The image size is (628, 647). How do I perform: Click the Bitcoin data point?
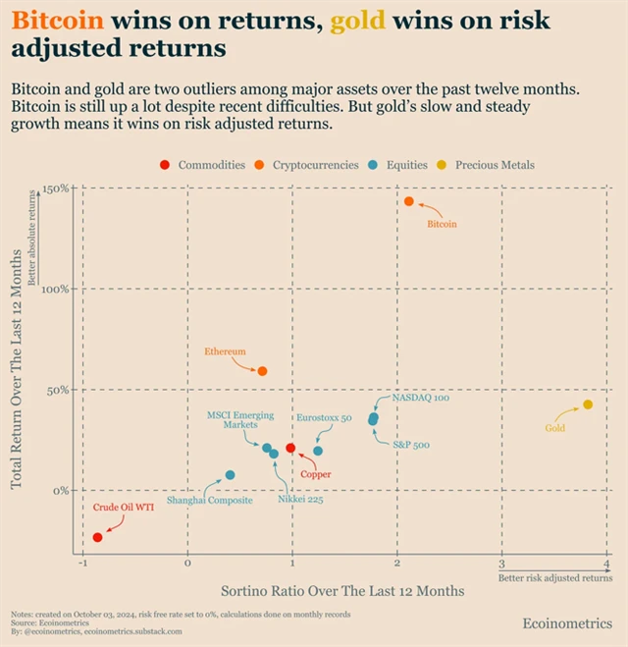click(409, 201)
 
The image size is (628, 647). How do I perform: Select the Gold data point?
click(588, 404)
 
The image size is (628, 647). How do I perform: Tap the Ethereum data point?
click(262, 371)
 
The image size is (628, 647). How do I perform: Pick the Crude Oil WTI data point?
click(97, 537)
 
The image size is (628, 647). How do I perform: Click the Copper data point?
click(290, 448)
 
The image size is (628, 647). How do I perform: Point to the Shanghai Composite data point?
click(231, 475)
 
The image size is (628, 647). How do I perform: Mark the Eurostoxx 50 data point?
click(318, 451)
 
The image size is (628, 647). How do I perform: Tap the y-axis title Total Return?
click(17, 383)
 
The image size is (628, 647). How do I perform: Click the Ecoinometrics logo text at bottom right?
click(566, 623)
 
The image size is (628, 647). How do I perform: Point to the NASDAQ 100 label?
click(421, 399)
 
